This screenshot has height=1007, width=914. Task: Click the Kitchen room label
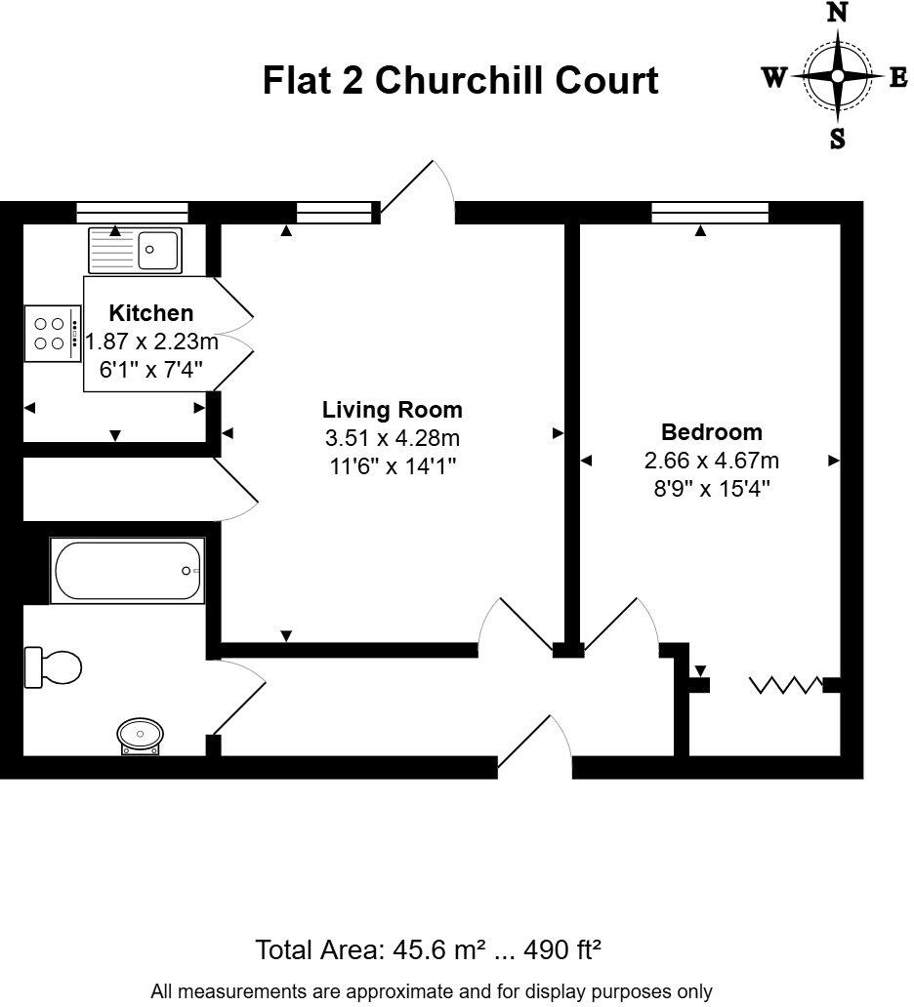pos(150,313)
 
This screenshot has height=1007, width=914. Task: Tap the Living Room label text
pos(393,410)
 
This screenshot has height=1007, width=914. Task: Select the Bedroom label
pos(711,432)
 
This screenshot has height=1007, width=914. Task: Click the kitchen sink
pos(135,250)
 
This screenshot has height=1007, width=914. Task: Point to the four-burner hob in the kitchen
pos(52,332)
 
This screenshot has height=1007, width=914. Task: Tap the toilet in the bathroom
pos(55,668)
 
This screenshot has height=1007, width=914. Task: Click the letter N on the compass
pos(837,14)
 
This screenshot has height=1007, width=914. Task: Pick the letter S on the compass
pos(837,140)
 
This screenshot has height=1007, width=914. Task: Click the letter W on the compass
pos(774,78)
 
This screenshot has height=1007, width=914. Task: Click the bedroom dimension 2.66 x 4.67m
pos(711,461)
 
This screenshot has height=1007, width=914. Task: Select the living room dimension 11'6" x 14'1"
pos(393,466)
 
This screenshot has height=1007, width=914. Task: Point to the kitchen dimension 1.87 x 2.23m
pos(152,342)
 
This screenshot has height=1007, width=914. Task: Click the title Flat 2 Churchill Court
pos(460,80)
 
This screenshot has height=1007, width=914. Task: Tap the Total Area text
pos(428,948)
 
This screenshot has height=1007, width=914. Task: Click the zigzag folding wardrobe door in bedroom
pos(786,685)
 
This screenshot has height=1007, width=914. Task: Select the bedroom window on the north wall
pos(710,213)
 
